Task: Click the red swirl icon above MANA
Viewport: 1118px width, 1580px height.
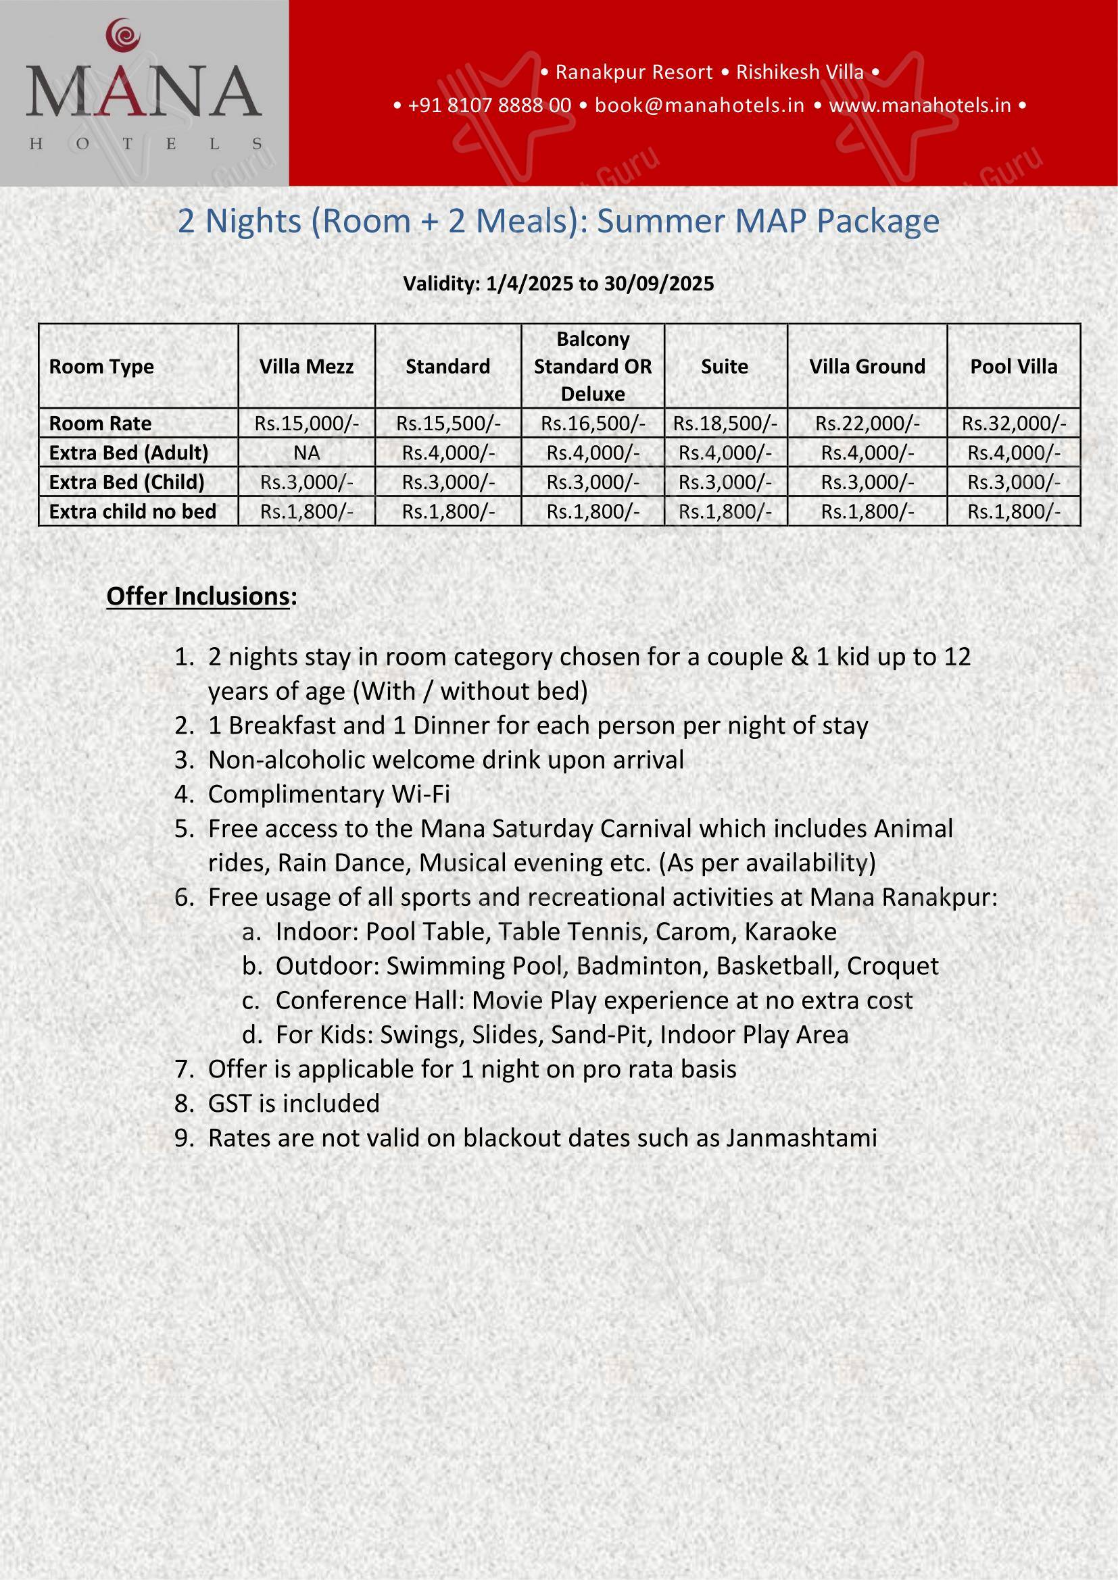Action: (x=124, y=34)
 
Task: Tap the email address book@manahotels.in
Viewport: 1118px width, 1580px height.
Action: (x=700, y=105)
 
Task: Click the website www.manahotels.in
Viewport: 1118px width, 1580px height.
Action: (x=920, y=105)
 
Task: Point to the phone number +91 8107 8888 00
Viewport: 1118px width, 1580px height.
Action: (x=489, y=105)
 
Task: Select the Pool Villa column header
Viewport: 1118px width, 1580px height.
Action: (x=1013, y=366)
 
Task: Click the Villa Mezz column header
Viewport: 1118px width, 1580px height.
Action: (x=306, y=366)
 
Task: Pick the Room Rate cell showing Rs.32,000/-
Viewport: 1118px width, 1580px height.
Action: (x=1013, y=424)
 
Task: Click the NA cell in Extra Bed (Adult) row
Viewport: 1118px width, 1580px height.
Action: (x=306, y=453)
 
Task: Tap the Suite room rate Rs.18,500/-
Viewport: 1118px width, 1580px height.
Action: (x=725, y=424)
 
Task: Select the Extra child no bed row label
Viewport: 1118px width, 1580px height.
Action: (x=133, y=511)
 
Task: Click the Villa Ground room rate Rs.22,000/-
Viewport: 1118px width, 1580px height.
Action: (x=867, y=424)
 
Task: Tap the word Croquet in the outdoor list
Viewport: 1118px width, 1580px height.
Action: (x=892, y=966)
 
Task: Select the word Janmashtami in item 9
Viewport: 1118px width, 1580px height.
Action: (x=802, y=1138)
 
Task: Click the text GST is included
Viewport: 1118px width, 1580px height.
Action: (x=294, y=1104)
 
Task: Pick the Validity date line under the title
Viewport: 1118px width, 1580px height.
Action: (x=558, y=284)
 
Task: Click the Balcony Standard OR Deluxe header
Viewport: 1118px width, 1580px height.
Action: (x=593, y=366)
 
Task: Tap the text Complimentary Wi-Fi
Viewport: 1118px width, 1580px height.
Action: (x=329, y=794)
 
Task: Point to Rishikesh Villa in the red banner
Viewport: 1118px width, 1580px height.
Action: (x=799, y=72)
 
